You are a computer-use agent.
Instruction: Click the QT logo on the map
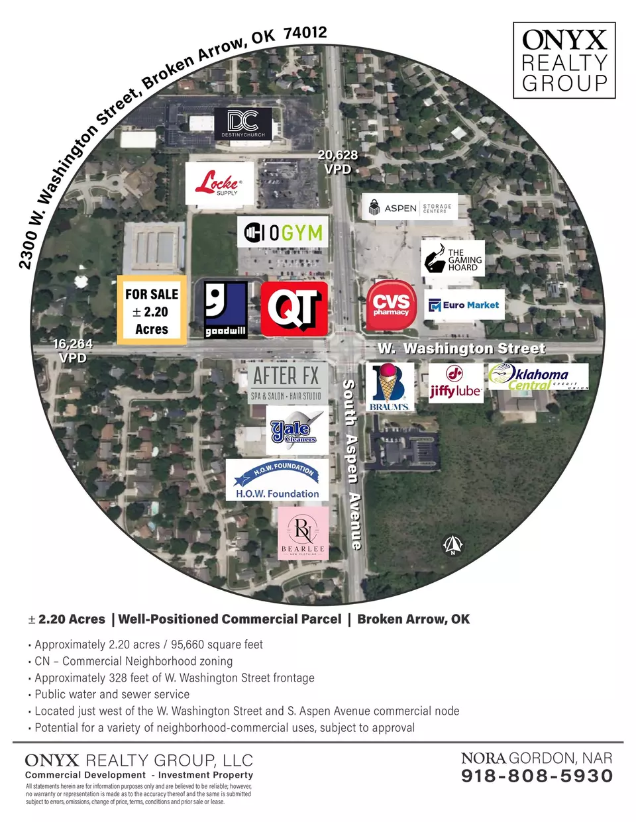pos(293,308)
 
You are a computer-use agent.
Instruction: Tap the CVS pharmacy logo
pos(392,305)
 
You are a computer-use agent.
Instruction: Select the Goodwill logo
pos(225,310)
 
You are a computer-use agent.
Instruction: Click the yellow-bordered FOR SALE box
pos(152,310)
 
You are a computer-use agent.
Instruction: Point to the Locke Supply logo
pos(219,183)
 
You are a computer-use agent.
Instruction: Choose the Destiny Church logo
pos(243,124)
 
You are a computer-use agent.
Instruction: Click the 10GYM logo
pos(283,232)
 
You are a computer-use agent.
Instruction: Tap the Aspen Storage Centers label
pos(409,207)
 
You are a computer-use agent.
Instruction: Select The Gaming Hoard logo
pos(452,258)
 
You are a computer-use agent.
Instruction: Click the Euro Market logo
pos(464,305)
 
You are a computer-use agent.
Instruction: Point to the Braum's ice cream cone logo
pos(390,387)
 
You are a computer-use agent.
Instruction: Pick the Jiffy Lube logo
pos(456,383)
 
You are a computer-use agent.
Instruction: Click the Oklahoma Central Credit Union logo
pos(539,376)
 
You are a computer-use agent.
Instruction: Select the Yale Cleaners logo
pos(297,430)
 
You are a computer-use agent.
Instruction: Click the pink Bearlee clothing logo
pos(303,533)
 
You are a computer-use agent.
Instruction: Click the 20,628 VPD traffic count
pos(337,162)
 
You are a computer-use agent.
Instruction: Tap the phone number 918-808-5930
pos(537,776)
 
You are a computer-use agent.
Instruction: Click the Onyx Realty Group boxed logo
pos(564,60)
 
